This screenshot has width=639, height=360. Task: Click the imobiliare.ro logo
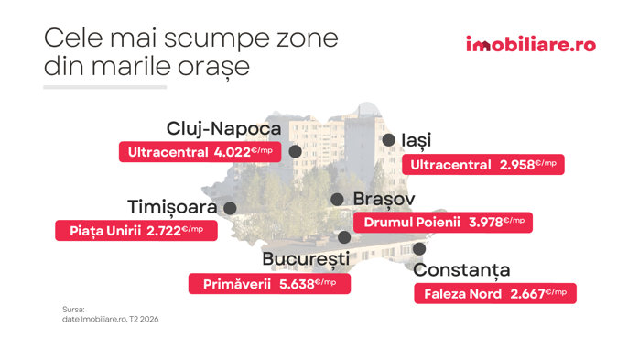tap(531, 44)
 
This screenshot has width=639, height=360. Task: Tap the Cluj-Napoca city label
tap(223, 129)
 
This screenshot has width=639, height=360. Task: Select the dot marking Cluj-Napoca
tap(295, 151)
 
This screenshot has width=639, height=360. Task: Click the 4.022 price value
tap(232, 152)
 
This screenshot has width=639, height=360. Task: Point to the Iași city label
tap(417, 140)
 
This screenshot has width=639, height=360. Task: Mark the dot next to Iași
tap(388, 140)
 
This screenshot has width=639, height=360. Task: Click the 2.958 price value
tap(517, 165)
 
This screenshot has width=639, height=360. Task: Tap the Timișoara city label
tap(172, 207)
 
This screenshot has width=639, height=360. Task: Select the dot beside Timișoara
tap(230, 208)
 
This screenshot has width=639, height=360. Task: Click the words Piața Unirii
tap(105, 231)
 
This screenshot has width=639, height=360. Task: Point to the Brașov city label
tap(384, 200)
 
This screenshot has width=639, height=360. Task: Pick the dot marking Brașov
tap(337, 200)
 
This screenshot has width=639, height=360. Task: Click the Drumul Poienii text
tap(412, 223)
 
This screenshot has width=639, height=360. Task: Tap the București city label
tap(306, 259)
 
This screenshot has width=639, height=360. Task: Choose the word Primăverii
tap(237, 284)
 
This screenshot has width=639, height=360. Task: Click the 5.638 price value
tap(297, 284)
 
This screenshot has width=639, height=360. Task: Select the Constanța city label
tap(461, 270)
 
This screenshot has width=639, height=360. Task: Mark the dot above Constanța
tap(419, 248)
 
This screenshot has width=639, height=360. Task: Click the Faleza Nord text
tap(462, 294)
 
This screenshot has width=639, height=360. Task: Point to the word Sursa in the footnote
tap(73, 310)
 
